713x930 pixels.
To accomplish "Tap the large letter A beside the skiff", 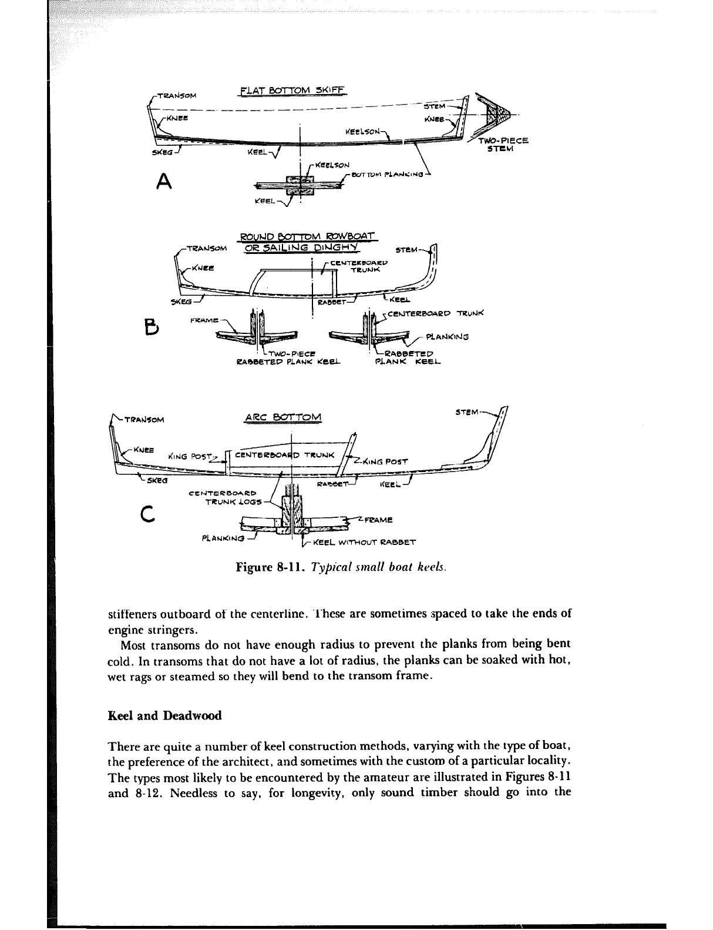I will pyautogui.click(x=164, y=183).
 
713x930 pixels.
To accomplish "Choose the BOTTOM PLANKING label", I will pyautogui.click(x=388, y=174).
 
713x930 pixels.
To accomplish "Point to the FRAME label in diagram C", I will pyautogui.click(x=378, y=520).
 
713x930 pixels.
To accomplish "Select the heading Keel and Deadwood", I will pyautogui.click(x=165, y=715).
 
